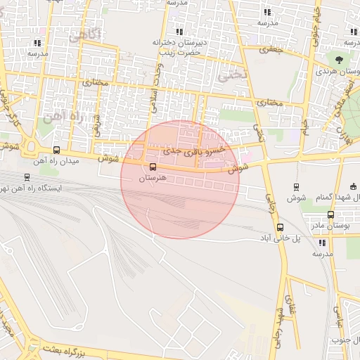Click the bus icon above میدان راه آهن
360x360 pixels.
[56, 150]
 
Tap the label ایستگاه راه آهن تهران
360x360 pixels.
[34, 188]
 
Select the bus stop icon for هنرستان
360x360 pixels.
[153, 166]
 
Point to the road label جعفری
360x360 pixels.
[269, 50]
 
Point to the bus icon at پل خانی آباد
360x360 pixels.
[280, 227]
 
